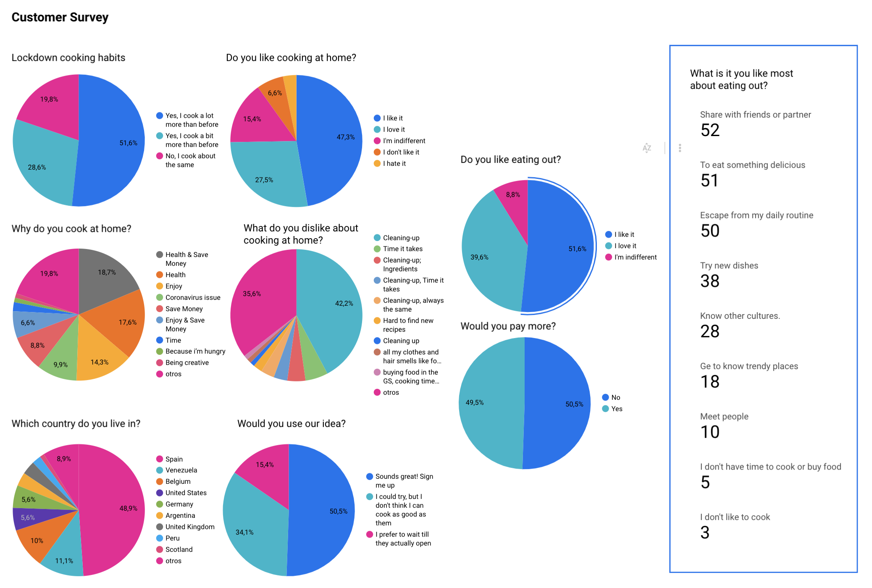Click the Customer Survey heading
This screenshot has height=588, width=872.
pyautogui.click(x=60, y=17)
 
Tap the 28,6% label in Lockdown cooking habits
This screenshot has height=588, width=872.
pyautogui.click(x=37, y=167)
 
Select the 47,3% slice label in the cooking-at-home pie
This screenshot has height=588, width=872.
pyautogui.click(x=345, y=137)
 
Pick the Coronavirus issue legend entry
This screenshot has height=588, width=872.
pyautogui.click(x=192, y=297)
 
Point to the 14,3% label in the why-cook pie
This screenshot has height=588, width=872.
pyautogui.click(x=100, y=362)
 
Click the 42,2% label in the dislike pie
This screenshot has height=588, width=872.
pyautogui.click(x=344, y=303)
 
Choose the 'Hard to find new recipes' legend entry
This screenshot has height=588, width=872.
pyautogui.click(x=407, y=325)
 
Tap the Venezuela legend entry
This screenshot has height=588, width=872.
pyautogui.click(x=181, y=470)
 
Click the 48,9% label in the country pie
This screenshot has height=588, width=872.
pyautogui.click(x=128, y=508)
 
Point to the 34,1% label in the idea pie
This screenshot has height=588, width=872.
pyautogui.click(x=244, y=532)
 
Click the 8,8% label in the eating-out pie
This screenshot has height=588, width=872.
pyautogui.click(x=513, y=194)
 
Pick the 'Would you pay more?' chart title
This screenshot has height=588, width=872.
pyautogui.click(x=508, y=326)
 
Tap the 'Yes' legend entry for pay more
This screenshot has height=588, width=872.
pyautogui.click(x=616, y=409)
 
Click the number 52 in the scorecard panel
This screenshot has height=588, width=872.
pyautogui.click(x=710, y=130)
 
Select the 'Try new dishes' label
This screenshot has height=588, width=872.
pyautogui.click(x=729, y=265)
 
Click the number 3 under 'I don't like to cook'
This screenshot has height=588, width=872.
pyautogui.click(x=705, y=533)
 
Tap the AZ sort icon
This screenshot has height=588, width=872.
pyautogui.click(x=647, y=148)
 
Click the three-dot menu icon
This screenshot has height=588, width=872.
pyautogui.click(x=680, y=148)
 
